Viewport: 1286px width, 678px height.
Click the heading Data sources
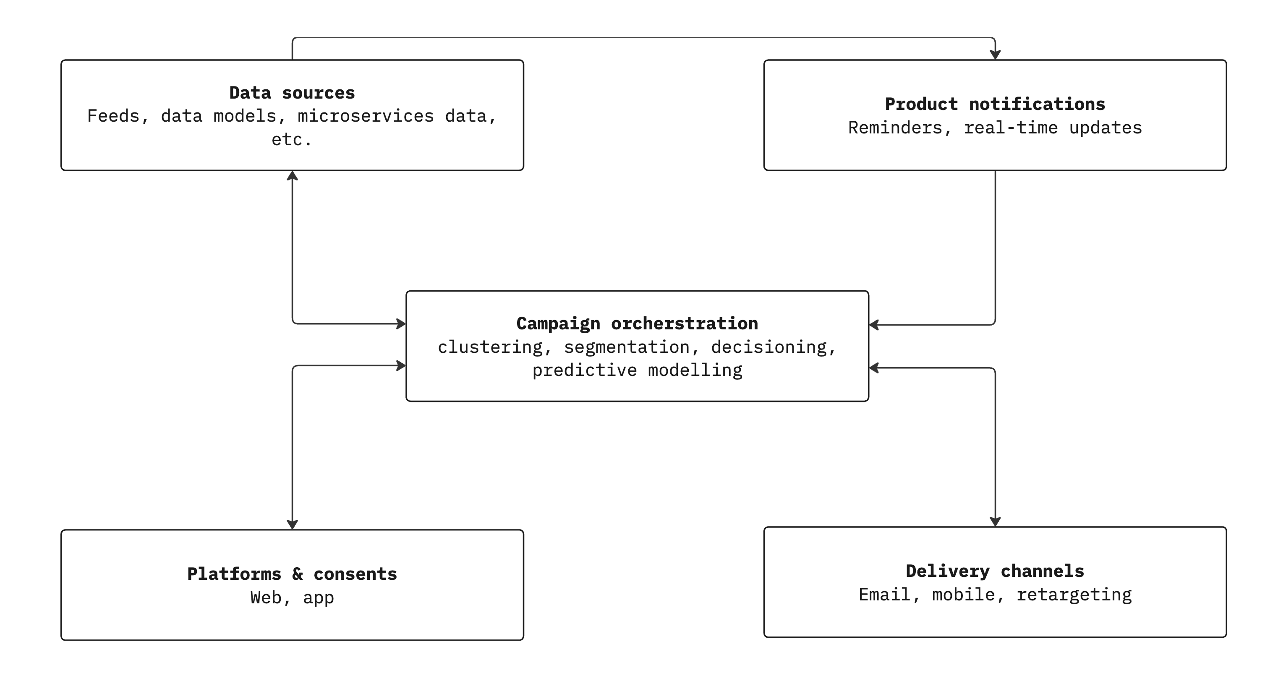coord(292,93)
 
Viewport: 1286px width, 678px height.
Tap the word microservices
coord(366,116)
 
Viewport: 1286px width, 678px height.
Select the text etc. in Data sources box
coord(292,140)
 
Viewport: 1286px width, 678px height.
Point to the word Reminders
coord(895,128)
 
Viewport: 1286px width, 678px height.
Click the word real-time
coord(1010,128)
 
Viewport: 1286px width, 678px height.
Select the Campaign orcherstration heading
coord(637,324)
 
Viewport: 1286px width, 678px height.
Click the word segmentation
coord(627,347)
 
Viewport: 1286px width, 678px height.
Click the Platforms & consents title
coord(292,574)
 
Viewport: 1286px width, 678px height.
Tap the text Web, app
coord(292,598)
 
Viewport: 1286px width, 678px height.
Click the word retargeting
coord(1074,595)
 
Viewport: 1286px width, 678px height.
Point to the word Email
coord(884,595)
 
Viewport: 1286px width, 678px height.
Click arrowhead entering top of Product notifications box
coord(995,55)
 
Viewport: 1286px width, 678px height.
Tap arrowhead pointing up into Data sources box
coord(293,176)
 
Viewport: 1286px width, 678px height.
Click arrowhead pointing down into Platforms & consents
coord(293,524)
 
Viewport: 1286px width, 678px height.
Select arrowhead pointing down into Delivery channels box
coord(995,522)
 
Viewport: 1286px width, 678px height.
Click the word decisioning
coord(769,347)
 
